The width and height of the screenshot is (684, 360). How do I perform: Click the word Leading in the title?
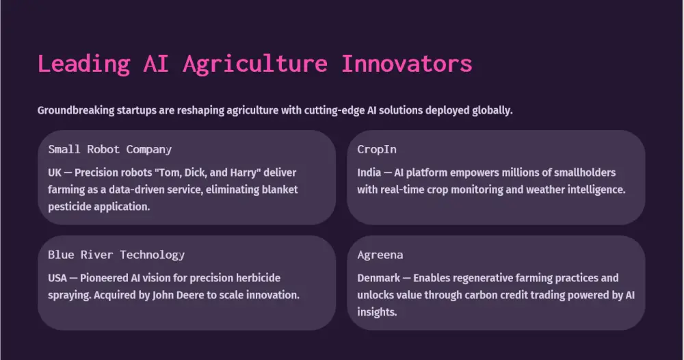[x=83, y=64]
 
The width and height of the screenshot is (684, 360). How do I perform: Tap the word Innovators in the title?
[x=406, y=64]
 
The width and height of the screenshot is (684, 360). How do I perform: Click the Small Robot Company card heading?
[x=110, y=149]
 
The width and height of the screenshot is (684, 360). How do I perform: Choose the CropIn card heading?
[x=377, y=149]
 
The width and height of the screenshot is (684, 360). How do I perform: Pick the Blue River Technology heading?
[x=116, y=255]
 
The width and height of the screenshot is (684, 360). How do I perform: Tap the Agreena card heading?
[x=380, y=255]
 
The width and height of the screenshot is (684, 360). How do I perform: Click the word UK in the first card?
[x=55, y=172]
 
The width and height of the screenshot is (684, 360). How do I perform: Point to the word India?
[x=369, y=172]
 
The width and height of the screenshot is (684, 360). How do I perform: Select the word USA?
[x=57, y=278]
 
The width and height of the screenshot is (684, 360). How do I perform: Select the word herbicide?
[x=258, y=278]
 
